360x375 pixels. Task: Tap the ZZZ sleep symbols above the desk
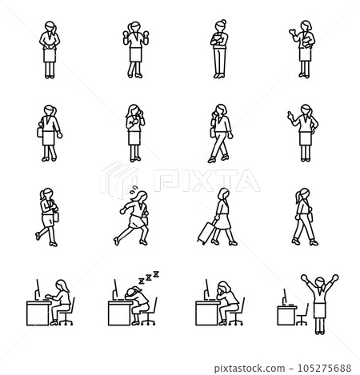point(149,276)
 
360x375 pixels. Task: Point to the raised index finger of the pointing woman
point(289,116)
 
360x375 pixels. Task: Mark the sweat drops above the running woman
point(134,193)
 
